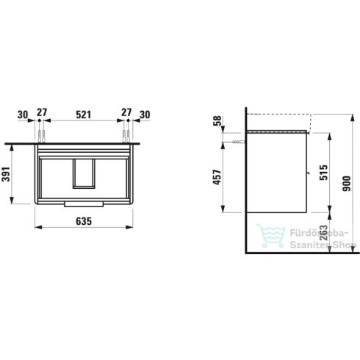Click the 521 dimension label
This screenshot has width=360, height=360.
click(x=84, y=115)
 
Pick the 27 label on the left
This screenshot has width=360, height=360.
click(x=41, y=115)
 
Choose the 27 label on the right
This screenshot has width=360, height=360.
click(x=125, y=115)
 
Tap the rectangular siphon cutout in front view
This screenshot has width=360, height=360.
click(x=83, y=172)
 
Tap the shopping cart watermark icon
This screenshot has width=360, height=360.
click(x=267, y=235)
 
